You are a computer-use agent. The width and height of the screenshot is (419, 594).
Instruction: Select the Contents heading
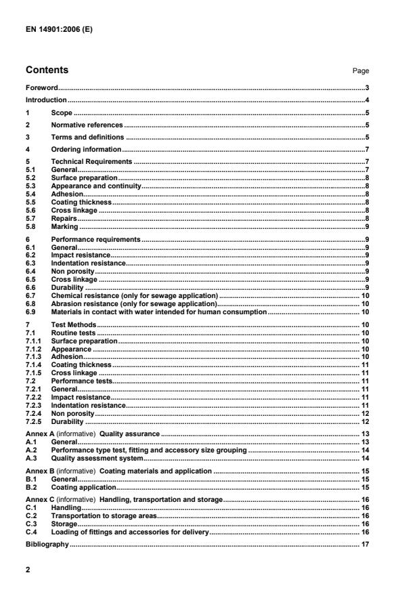point(47,70)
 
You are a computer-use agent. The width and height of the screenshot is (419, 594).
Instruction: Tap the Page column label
point(361,70)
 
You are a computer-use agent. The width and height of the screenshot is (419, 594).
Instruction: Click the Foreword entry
point(41,88)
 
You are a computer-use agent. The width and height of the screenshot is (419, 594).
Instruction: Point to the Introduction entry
point(46,100)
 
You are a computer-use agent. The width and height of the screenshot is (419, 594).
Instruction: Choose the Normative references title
point(87,125)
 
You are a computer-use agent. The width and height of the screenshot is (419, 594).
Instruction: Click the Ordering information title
point(87,149)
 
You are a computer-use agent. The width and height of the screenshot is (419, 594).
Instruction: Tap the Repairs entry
point(65,219)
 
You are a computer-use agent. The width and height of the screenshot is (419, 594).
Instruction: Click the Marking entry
point(66,227)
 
